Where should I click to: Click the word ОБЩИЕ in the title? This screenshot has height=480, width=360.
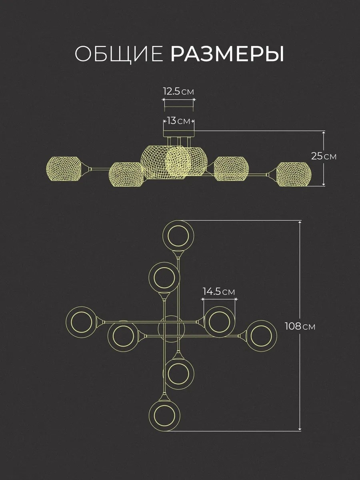tap(119, 54)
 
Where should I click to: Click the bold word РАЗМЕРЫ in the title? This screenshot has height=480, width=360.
tap(227, 54)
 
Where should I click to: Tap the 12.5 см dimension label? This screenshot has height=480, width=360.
tap(178, 92)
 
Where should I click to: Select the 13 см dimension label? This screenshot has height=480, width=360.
tap(178, 121)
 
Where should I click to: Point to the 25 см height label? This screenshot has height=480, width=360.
tap(324, 156)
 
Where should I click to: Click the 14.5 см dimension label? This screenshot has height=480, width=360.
tap(219, 292)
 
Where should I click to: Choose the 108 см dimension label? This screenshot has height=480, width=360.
tap(300, 326)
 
